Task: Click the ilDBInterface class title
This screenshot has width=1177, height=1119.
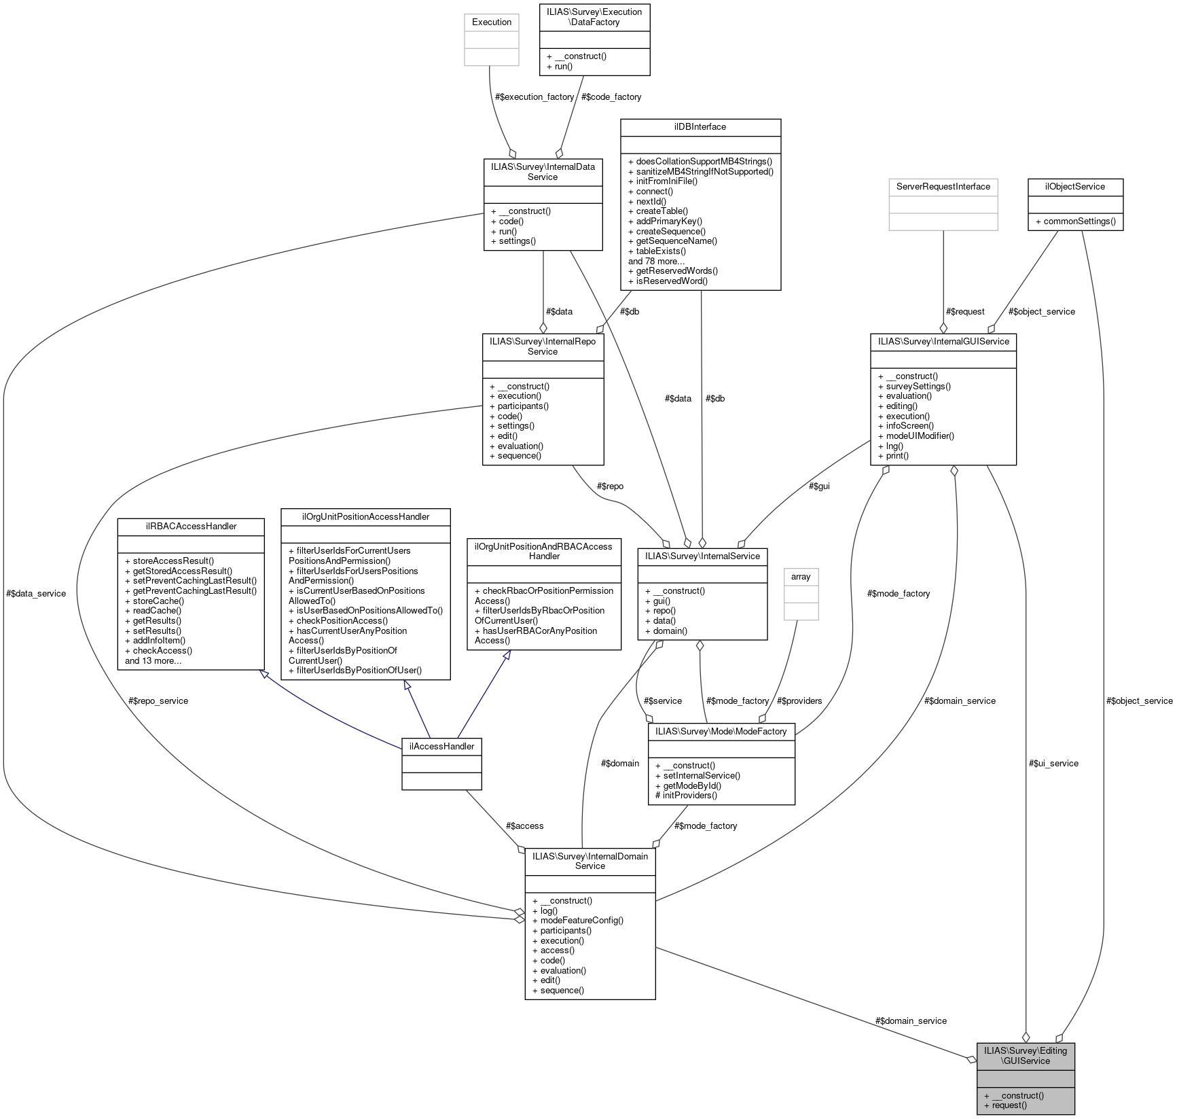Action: [700, 127]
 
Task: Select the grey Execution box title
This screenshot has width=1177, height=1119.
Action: [491, 22]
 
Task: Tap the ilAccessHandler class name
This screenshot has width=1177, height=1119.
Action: [441, 746]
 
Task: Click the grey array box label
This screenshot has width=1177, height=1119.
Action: [801, 577]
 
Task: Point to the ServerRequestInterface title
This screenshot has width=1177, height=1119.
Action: [943, 187]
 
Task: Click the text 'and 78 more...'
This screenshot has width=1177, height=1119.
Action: [656, 262]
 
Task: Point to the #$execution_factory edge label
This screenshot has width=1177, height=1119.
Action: [535, 97]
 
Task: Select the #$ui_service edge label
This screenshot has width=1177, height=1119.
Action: [1053, 764]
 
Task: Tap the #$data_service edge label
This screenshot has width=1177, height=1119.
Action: [36, 594]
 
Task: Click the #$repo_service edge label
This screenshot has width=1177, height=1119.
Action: [158, 701]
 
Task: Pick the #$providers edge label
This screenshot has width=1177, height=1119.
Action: [799, 701]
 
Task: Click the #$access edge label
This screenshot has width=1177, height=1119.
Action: [524, 826]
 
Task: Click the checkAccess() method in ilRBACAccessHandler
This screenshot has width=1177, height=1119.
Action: [156, 651]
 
